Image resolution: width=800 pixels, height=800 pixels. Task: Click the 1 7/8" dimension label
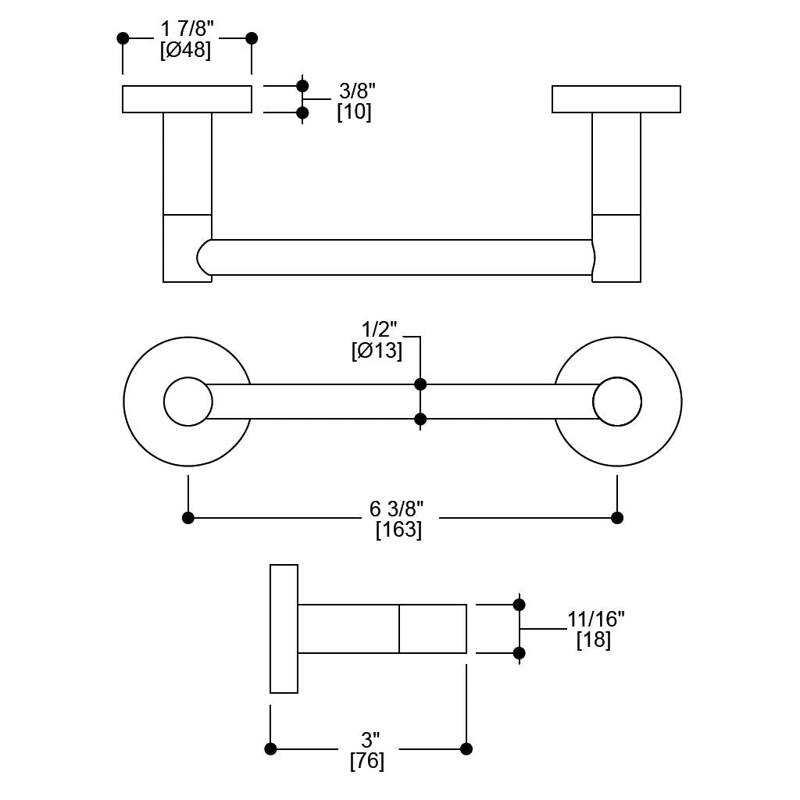[187, 30]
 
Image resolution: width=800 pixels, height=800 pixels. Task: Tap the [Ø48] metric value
[186, 50]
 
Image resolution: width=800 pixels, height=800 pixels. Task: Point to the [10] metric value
[354, 112]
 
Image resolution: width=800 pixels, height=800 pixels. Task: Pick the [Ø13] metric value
[377, 351]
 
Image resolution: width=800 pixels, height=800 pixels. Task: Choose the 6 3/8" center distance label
[398, 509]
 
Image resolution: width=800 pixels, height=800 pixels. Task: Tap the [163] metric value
[398, 530]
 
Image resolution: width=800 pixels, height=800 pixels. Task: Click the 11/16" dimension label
[595, 620]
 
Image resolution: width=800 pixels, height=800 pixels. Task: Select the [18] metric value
[594, 640]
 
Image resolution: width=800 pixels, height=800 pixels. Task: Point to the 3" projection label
[370, 740]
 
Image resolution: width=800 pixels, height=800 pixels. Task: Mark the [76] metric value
[367, 760]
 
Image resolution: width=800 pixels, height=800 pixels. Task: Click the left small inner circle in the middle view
[188, 402]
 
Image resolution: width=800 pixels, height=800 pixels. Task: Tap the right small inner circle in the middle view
[617, 402]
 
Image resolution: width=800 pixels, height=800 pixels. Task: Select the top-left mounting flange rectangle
[187, 99]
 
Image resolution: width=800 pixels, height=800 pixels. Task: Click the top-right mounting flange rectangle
[616, 99]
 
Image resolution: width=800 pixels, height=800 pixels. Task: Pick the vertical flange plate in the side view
[284, 628]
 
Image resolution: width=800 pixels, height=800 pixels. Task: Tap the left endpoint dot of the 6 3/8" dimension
[188, 517]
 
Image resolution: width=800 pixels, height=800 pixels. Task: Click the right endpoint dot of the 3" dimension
[466, 748]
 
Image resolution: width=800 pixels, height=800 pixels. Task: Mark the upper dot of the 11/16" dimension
[519, 605]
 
